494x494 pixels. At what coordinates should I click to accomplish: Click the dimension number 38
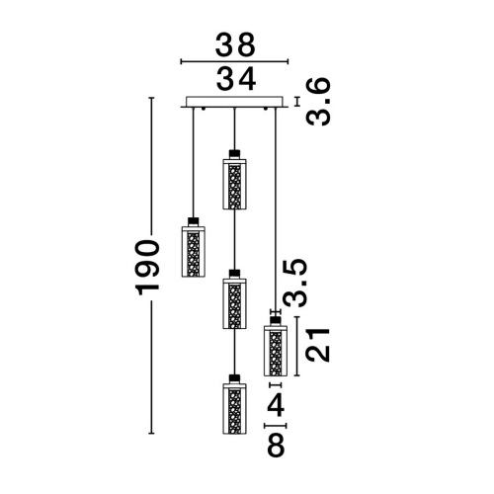[x=235, y=44]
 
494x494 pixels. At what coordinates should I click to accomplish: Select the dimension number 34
[x=236, y=79]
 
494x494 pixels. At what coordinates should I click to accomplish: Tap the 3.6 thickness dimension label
[x=318, y=102]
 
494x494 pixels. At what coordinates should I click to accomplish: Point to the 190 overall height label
[x=147, y=267]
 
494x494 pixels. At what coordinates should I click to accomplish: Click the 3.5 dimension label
[x=295, y=284]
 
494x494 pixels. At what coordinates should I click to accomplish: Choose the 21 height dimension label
[x=318, y=345]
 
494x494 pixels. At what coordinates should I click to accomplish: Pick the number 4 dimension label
[x=276, y=405]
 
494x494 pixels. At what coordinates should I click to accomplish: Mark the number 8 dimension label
[x=276, y=445]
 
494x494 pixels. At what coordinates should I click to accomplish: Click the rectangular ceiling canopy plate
[x=234, y=102]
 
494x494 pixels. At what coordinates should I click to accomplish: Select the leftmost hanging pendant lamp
[x=194, y=247]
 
